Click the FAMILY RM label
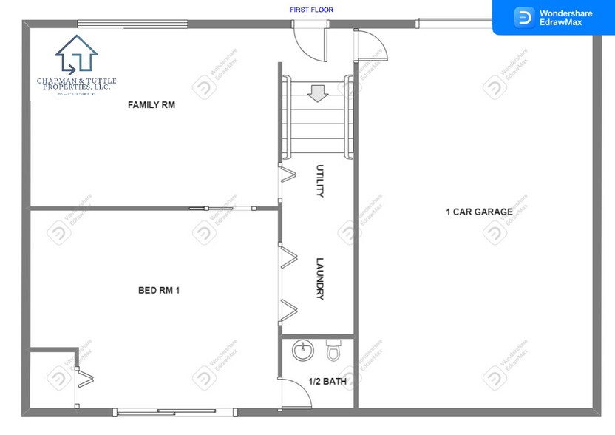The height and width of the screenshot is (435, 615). point(152,105)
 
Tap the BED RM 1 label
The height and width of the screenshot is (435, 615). point(159,291)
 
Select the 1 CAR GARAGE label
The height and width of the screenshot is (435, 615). point(479,212)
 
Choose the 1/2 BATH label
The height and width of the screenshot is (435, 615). point(327,382)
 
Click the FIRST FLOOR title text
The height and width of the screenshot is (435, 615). point(311,10)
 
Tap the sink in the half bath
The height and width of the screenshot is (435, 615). point(303,351)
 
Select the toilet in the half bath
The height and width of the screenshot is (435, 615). point(333,350)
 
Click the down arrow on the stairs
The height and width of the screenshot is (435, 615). point(318,94)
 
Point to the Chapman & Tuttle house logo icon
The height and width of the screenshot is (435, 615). point(76,55)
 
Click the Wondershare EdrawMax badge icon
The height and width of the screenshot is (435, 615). point(525,17)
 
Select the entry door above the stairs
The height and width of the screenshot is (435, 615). point(309,41)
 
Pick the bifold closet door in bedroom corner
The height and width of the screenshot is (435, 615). point(85,377)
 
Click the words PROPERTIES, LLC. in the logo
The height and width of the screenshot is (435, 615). point(76,87)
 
